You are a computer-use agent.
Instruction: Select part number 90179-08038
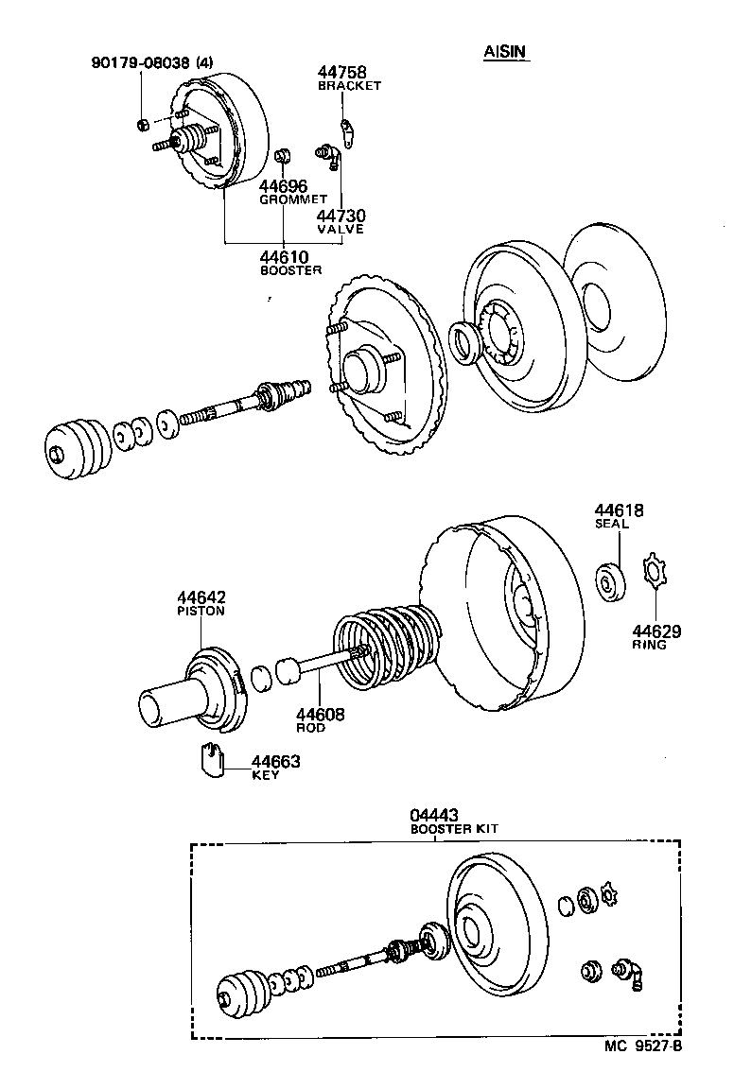coord(142,62)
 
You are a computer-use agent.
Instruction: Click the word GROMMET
coord(292,199)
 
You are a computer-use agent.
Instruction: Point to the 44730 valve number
coord(340,216)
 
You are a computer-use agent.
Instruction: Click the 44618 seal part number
coord(619,510)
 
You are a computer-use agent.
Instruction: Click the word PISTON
coord(201,611)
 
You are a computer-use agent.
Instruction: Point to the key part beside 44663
coord(211,758)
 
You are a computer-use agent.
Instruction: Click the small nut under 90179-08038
coord(141,123)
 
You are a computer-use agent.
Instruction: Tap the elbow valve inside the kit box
coord(630,971)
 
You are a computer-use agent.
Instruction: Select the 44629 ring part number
coord(657,631)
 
